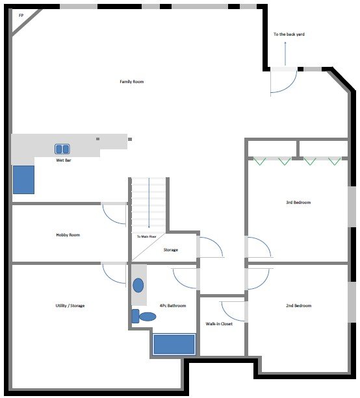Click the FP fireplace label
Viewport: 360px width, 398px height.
click(21, 16)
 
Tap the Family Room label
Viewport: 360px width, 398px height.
click(132, 81)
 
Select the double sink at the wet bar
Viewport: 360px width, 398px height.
click(62, 149)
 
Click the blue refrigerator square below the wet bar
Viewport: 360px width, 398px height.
click(23, 180)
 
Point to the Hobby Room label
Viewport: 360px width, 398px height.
click(68, 235)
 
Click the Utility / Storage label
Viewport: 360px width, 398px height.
click(70, 306)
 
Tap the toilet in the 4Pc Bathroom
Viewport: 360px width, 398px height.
click(144, 316)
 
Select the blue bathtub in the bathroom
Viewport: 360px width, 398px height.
click(174, 344)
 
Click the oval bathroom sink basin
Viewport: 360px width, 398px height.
click(138, 285)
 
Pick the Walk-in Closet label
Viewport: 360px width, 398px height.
click(219, 324)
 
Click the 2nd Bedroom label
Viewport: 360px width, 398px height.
click(299, 306)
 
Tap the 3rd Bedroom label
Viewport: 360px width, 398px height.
click(298, 203)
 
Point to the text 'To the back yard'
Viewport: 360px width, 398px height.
click(289, 34)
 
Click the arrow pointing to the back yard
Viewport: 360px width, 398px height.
click(285, 53)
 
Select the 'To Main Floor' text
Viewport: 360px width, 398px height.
click(147, 236)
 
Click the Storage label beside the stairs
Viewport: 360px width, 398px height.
click(171, 250)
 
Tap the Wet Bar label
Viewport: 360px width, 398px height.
click(64, 160)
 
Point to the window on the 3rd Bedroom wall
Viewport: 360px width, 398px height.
click(352, 206)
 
